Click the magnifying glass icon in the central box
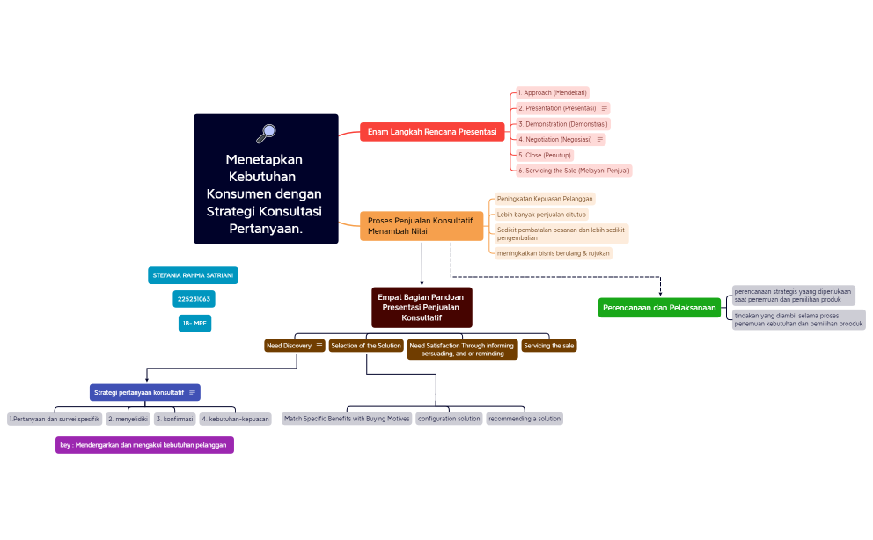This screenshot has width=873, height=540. pyautogui.click(x=266, y=133)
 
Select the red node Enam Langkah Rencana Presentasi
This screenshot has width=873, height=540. pyautogui.click(x=431, y=132)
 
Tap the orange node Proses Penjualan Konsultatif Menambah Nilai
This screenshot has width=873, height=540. pyautogui.click(x=422, y=226)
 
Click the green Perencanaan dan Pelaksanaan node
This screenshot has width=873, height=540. pyautogui.click(x=659, y=308)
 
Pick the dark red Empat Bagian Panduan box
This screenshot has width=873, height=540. pyautogui.click(x=422, y=307)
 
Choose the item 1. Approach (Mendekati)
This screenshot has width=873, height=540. pyautogui.click(x=553, y=92)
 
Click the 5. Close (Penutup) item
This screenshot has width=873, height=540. pyautogui.click(x=545, y=155)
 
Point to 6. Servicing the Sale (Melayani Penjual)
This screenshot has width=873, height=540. pyautogui.click(x=574, y=171)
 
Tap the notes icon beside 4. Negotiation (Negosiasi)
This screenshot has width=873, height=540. pyautogui.click(x=600, y=139)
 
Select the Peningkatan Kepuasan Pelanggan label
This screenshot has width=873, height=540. pyautogui.click(x=545, y=199)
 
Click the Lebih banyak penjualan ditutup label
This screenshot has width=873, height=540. pyautogui.click(x=541, y=214)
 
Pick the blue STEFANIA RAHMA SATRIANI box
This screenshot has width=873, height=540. pyautogui.click(x=193, y=275)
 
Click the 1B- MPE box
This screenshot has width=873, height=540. pyautogui.click(x=194, y=323)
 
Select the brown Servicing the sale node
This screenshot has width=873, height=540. pyautogui.click(x=549, y=346)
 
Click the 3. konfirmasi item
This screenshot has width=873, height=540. pyautogui.click(x=174, y=419)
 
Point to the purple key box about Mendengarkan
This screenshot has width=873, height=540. pyautogui.click(x=144, y=445)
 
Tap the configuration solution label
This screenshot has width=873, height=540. pyautogui.click(x=449, y=419)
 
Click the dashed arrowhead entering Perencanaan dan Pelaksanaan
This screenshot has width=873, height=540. pyautogui.click(x=660, y=293)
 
